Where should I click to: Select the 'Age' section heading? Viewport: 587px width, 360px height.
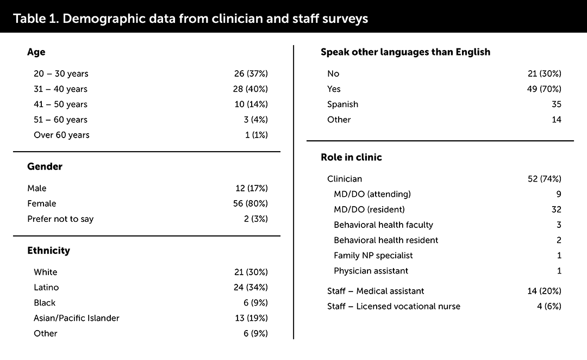pos(36,52)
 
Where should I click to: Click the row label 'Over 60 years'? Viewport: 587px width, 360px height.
pos(61,135)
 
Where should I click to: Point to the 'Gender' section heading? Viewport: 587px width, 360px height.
pos(45,166)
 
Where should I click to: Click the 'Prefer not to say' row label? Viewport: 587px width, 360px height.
pos(60,219)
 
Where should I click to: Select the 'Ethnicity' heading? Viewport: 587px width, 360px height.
pos(48,251)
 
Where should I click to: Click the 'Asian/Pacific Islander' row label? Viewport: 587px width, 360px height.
pos(77,318)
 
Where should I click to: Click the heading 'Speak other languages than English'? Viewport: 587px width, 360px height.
pos(405,52)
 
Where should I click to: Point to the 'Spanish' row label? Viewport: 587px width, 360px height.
pos(342,104)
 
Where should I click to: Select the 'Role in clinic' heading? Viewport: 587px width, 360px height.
pos(351,157)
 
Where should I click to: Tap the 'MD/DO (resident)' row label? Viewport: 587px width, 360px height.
pos(369,209)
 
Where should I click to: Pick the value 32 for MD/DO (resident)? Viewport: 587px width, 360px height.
pos(555,209)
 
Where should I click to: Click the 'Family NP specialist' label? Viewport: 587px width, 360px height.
pos(373,255)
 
